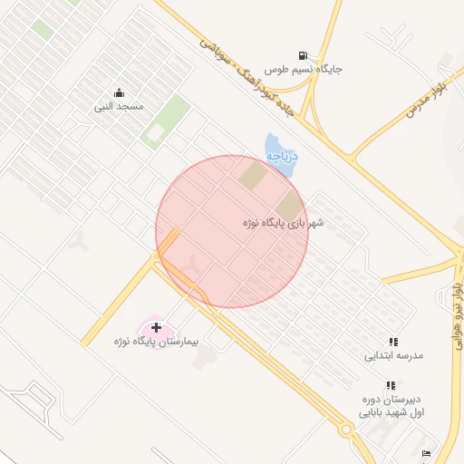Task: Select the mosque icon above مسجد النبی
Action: coord(119,92)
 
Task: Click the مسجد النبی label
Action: coord(119,107)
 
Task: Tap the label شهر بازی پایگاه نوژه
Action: coord(283,221)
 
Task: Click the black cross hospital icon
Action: coord(157,326)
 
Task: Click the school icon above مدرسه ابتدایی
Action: coord(393,342)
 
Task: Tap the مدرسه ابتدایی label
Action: coord(393,356)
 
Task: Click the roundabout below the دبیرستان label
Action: coord(345,430)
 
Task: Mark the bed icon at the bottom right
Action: coord(426,454)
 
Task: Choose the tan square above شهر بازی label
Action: coord(289,205)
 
